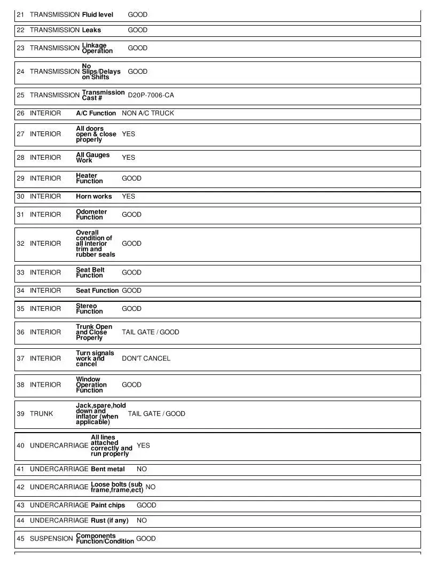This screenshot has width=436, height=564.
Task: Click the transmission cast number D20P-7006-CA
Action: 151,95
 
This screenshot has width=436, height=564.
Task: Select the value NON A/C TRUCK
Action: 147,113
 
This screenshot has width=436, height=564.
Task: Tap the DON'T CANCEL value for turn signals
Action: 146,358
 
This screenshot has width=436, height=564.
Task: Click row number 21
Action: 20,15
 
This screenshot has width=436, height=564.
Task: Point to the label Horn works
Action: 94,197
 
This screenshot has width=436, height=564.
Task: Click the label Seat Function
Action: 97,291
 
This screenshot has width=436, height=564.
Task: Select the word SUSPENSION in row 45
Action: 51,538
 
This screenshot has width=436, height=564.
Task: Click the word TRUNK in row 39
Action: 42,414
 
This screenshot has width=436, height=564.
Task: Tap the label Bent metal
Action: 108,469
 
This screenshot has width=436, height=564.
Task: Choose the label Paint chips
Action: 108,505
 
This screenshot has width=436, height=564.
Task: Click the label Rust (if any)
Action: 110,520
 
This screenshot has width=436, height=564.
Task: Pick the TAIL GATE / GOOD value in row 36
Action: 150,332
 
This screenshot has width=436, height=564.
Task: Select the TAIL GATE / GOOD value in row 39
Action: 157,414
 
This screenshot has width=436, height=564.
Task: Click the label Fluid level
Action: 98,15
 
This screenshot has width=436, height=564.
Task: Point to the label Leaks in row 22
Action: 91,30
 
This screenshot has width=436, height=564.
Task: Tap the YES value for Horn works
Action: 128,197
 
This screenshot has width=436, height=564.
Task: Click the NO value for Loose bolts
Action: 150,487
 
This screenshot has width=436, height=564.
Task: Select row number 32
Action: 20,244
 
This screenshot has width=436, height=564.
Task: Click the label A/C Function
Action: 96,113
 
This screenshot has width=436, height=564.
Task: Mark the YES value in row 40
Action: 143,445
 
